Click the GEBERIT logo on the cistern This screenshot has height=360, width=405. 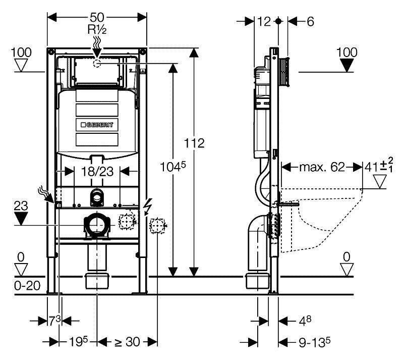pos(97,125)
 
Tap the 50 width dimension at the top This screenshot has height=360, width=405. pos(97,18)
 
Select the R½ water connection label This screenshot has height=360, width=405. pos(97,29)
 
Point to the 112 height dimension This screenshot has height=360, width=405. pos(194,143)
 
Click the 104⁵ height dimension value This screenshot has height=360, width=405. pos(173,167)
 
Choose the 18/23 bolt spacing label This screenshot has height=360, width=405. pos(97,172)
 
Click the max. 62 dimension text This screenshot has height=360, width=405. pos(322,167)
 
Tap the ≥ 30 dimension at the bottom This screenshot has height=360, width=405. pos(127,342)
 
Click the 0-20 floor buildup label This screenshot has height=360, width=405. pos(27,286)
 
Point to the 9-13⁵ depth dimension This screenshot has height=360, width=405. pos(315,342)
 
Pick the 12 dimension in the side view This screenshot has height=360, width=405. pos(264,22)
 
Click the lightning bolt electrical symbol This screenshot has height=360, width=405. pos(148,207)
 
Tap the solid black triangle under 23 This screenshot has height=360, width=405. pos(21,219)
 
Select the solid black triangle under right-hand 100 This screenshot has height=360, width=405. pos(346,65)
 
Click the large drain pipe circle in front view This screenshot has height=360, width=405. pos(97,225)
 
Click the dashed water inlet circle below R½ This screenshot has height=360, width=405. pos(97,63)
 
